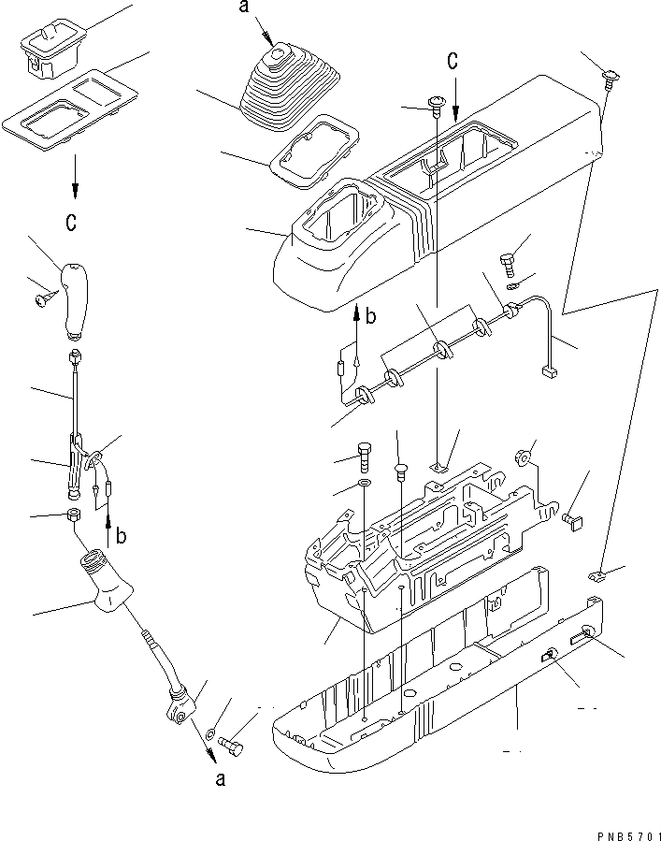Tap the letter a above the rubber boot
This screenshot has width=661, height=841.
244,9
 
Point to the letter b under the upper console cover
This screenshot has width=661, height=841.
370,316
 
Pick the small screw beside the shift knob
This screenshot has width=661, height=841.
43,298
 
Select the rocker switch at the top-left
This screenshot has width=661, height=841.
49,49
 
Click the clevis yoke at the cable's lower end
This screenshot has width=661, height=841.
180,707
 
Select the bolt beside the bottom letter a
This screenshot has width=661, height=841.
232,746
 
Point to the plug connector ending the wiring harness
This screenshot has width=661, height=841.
550,372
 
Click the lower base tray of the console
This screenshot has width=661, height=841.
439,692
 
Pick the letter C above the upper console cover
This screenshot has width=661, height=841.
453,62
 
